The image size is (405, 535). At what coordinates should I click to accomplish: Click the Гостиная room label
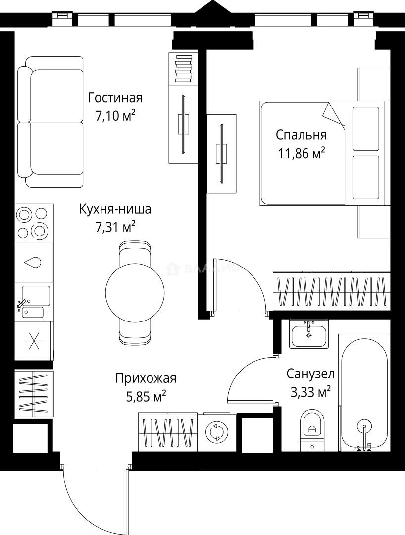[x=115, y=97]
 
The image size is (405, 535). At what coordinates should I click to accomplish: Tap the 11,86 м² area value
[x=301, y=153]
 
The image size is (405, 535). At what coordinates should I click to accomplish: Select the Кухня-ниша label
[x=115, y=209]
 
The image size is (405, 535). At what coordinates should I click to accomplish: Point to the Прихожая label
[x=146, y=379]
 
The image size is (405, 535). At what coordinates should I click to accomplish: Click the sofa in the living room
[x=50, y=122]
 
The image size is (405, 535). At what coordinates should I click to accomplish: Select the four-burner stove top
[x=33, y=223]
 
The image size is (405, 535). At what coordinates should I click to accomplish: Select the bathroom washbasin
[x=309, y=334]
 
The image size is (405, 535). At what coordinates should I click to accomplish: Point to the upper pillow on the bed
[x=366, y=128]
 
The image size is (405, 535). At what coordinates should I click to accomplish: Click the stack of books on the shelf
[x=183, y=68]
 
